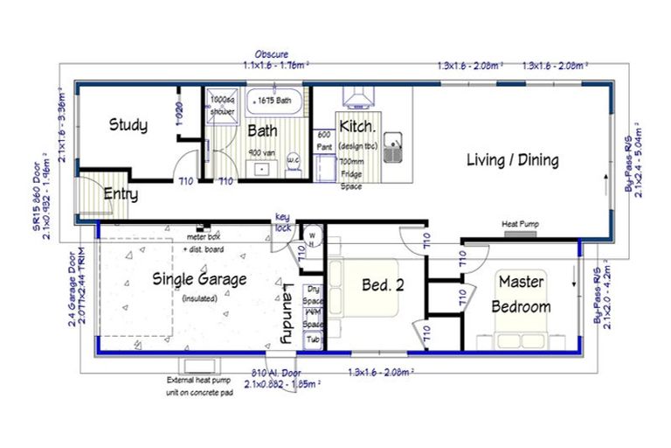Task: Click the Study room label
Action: [128, 125]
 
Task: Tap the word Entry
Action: [121, 193]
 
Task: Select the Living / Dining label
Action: [512, 160]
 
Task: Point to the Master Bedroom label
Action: [521, 294]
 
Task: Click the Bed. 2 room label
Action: [383, 284]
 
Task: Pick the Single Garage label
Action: [200, 279]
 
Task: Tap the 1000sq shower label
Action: [223, 106]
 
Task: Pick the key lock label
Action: [282, 221]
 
